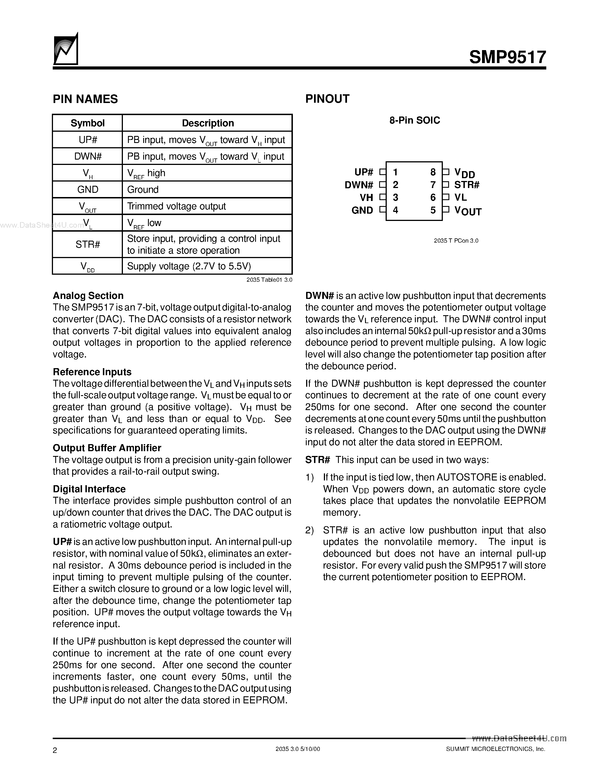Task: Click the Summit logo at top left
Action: tap(65, 50)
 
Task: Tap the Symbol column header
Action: tap(87, 123)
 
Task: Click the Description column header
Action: tap(207, 123)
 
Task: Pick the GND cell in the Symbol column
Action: tap(88, 190)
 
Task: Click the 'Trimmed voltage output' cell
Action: tap(176, 206)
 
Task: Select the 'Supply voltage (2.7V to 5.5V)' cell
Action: tap(189, 266)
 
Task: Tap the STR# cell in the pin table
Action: tap(88, 244)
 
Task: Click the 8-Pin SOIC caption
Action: tap(414, 120)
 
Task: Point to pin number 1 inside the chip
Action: tap(395, 172)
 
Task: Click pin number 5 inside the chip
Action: tap(433, 210)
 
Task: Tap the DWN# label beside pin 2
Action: tap(359, 185)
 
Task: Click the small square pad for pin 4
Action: tap(382, 209)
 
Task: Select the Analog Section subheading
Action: tap(88, 296)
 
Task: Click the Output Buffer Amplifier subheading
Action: tap(107, 448)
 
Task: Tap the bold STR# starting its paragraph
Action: tap(317, 460)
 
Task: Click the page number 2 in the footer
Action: tap(55, 750)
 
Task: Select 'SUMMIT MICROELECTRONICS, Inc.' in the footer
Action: tap(495, 749)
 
